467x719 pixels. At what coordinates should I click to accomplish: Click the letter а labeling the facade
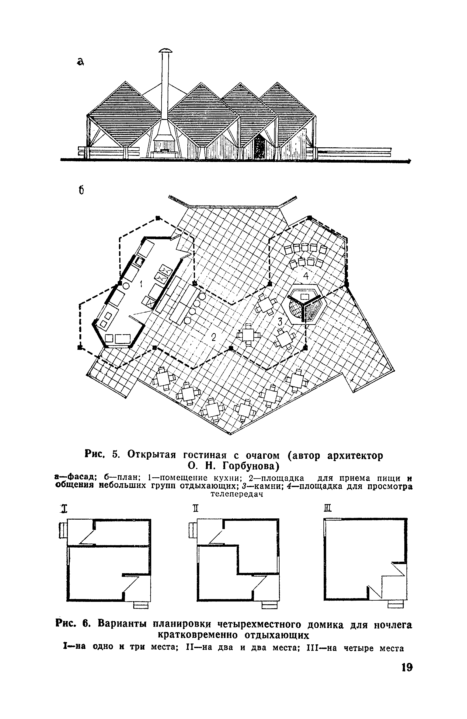[x=80, y=62]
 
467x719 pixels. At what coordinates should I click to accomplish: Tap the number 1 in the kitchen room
[x=141, y=284]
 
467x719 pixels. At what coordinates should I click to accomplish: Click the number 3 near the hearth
[x=280, y=321]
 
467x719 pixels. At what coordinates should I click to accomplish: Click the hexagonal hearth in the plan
[x=304, y=304]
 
